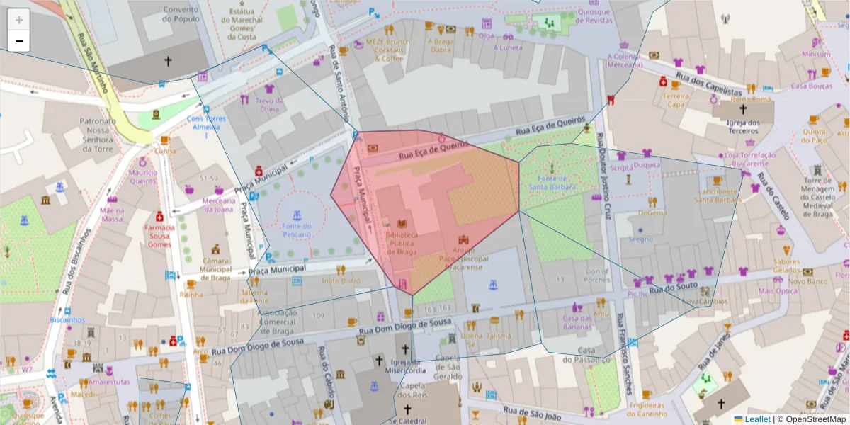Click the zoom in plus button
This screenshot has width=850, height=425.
coord(18,20)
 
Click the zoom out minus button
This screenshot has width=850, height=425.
coord(18,41)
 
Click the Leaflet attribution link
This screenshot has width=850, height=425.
coord(756,419)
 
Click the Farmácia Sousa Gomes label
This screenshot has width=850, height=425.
coord(159,236)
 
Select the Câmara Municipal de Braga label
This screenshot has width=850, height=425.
coord(215,269)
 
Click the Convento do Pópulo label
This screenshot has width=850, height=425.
coord(180,15)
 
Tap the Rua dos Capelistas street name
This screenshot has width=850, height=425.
coord(708,84)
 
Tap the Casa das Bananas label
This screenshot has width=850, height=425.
coord(577,322)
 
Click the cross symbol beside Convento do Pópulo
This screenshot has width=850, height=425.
coord(168,62)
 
